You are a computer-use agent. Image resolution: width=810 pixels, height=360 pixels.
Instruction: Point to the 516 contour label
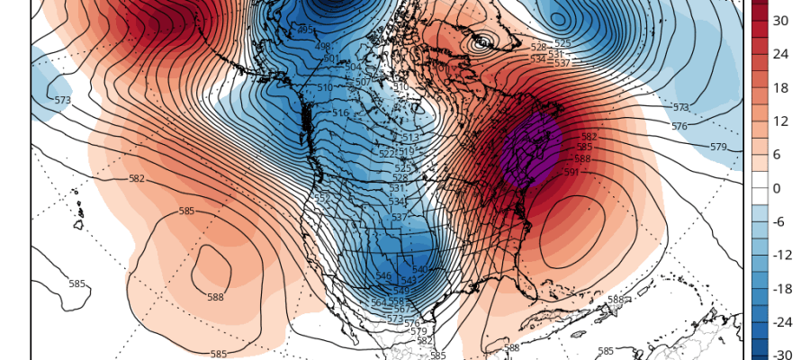(x=340, y=113)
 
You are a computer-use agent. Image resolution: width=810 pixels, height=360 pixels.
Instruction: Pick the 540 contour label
(x=419, y=270)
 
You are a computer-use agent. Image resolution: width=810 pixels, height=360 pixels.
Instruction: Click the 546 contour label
(x=383, y=276)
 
